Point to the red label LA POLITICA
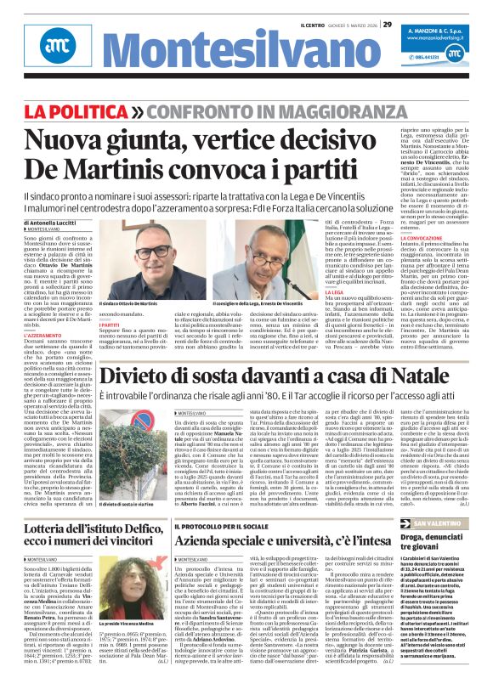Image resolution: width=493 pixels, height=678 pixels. point(83,112)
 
